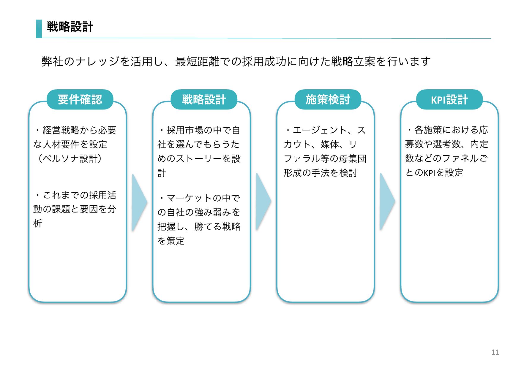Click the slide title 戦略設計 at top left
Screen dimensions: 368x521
[x=70, y=27]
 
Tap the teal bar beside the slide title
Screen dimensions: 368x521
[x=39, y=28]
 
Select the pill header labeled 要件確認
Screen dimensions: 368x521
[x=80, y=99]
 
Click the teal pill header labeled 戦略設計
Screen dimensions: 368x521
[x=204, y=99]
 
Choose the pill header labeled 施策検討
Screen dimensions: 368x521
[x=328, y=99]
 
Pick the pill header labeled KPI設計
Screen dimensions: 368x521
[x=449, y=99]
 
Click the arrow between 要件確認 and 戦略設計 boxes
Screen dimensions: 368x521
[x=139, y=202]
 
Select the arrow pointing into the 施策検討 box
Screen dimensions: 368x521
[x=263, y=202]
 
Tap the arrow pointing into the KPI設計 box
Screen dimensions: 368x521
[x=387, y=202]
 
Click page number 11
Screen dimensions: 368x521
[x=495, y=352]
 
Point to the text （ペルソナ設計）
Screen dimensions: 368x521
[x=70, y=158]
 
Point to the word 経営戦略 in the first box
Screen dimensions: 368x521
[x=61, y=130]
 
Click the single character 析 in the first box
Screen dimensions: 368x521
[x=38, y=223]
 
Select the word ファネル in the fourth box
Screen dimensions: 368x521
[x=460, y=158]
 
